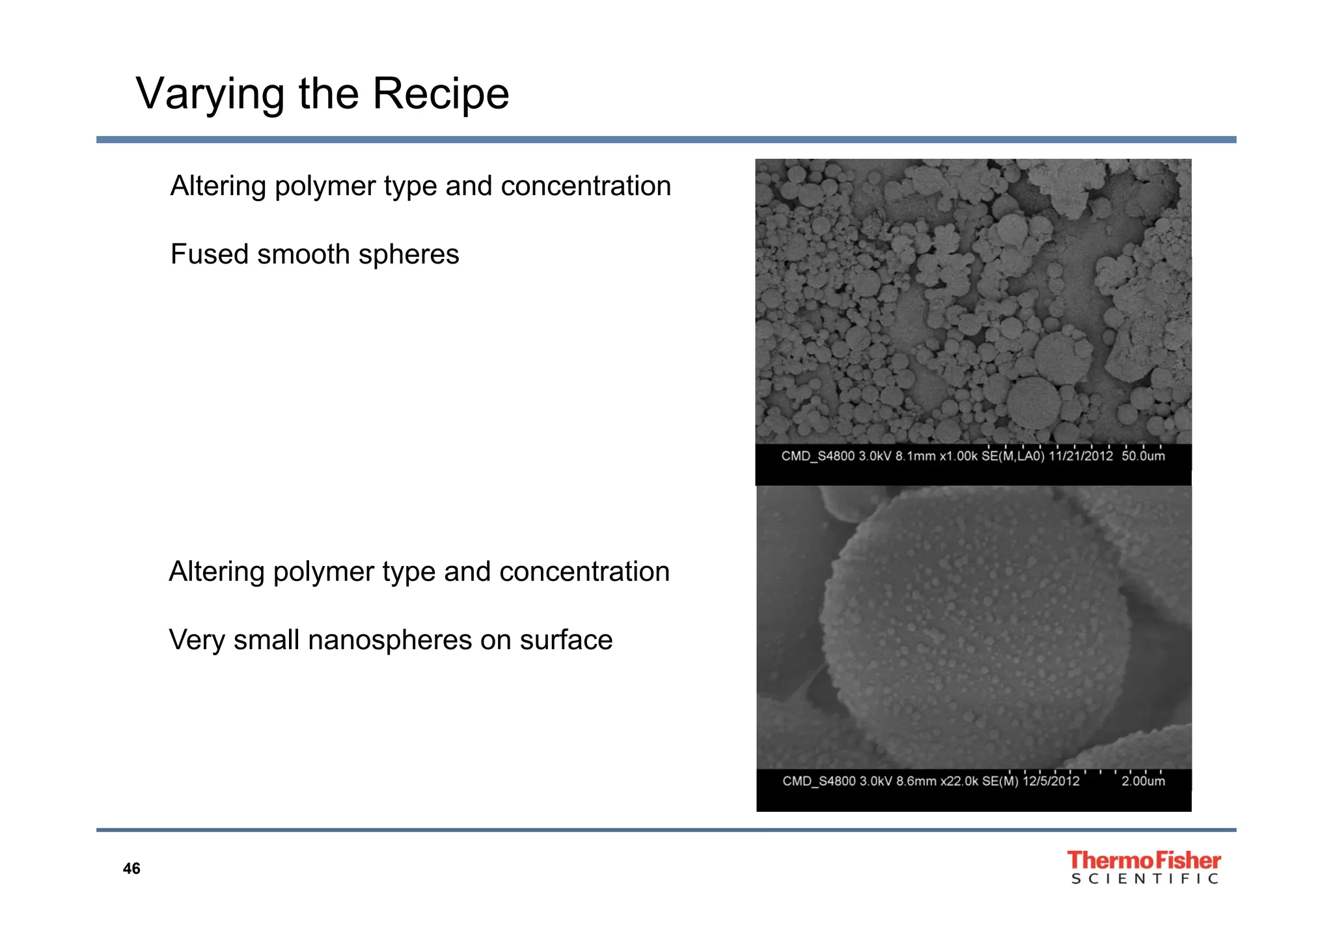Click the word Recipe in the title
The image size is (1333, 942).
pos(441,94)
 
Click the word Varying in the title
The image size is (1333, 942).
pos(210,94)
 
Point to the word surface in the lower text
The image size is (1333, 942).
pos(566,640)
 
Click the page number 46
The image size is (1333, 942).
pos(131,868)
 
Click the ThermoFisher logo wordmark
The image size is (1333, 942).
pos(1144,861)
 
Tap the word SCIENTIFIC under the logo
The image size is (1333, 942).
pos(1144,880)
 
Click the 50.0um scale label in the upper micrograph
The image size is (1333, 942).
pos(1143,456)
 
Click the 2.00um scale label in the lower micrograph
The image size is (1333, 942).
pos(1143,781)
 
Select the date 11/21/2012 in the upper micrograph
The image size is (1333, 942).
pos(1080,456)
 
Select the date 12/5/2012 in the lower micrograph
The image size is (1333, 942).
pos(1051,781)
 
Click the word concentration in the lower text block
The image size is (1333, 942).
pos(584,572)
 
